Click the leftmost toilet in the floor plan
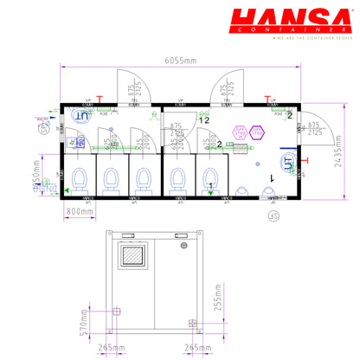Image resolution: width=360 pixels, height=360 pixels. (80, 179)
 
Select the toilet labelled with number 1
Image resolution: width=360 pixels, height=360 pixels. (210, 179)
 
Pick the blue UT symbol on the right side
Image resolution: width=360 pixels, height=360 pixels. (286, 163)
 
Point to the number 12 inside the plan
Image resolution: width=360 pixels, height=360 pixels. (204, 120)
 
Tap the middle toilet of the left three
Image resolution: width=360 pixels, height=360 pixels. (111, 179)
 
